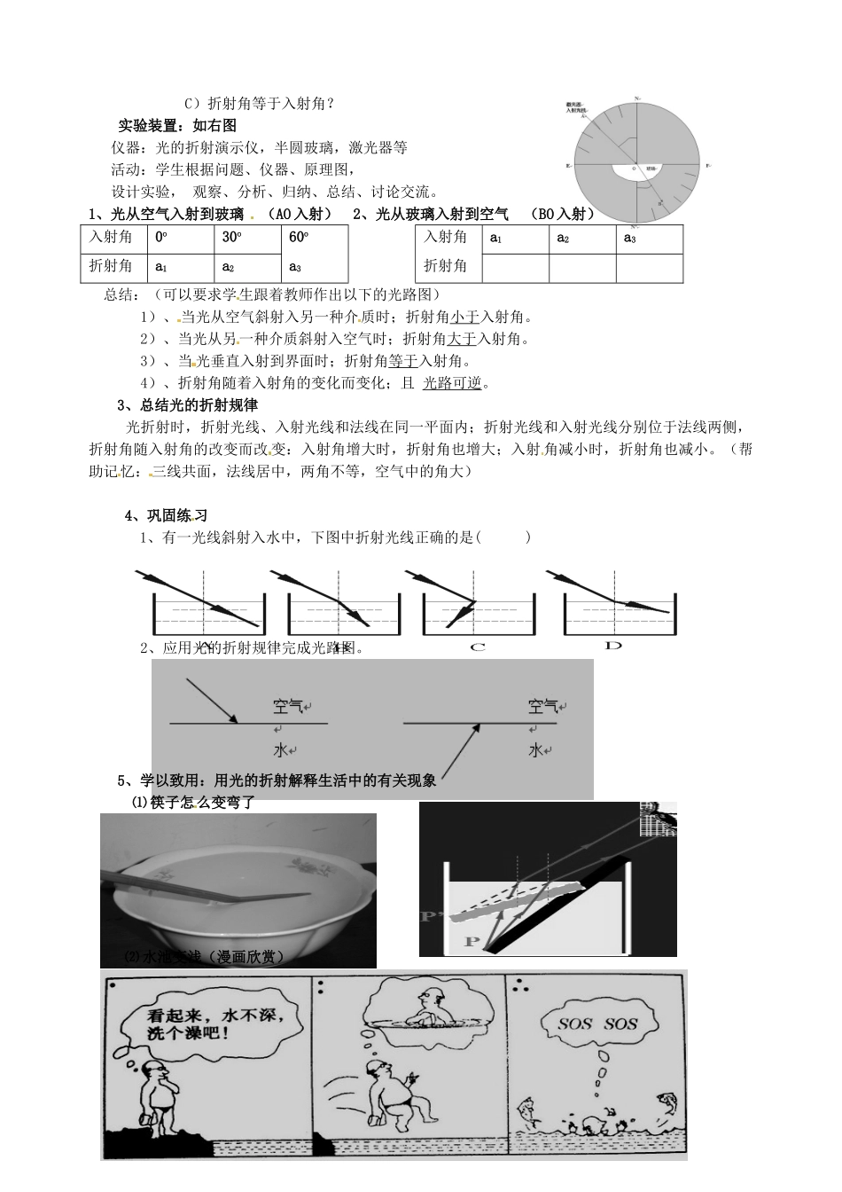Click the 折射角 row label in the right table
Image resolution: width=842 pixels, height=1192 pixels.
tap(446, 266)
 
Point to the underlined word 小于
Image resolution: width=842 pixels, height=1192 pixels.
tap(465, 317)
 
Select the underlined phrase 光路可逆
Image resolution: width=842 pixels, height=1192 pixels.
tap(455, 383)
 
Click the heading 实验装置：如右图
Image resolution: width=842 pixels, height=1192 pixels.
tap(178, 125)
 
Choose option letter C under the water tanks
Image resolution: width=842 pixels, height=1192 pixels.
tap(478, 647)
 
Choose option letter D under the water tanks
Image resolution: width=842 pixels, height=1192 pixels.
tap(613, 646)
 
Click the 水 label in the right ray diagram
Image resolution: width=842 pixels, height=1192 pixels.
tap(534, 750)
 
